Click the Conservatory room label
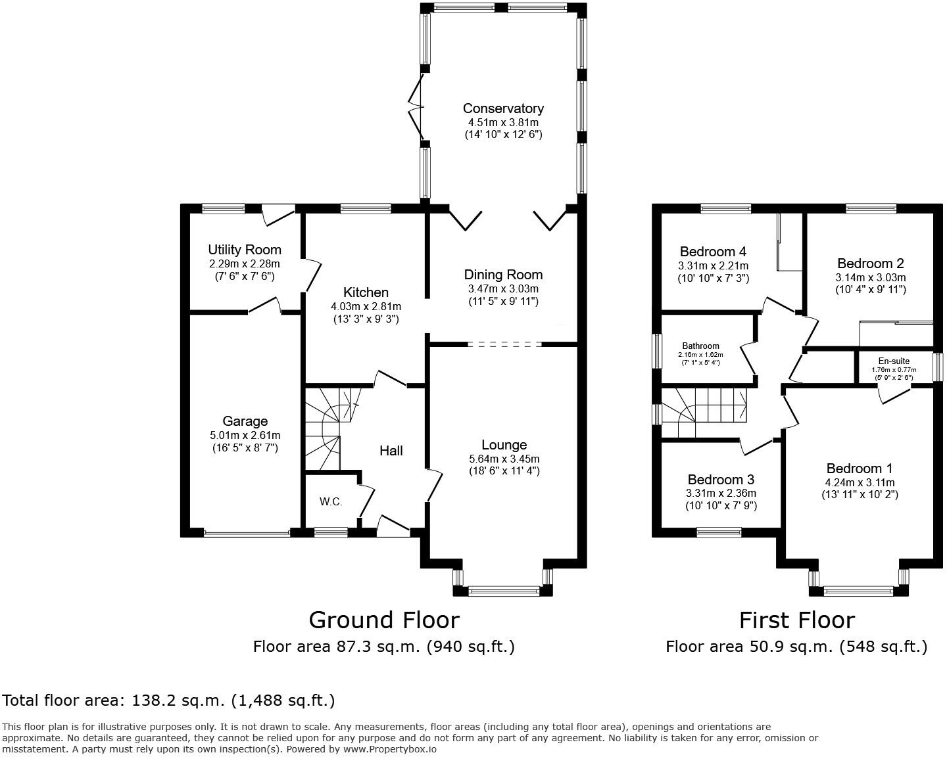point(503,108)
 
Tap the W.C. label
point(331,501)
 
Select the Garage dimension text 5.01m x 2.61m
point(245,436)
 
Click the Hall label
point(391,450)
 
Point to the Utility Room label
point(245,250)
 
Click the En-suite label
point(894,361)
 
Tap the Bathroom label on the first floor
point(700,346)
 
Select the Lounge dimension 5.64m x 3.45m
point(504,459)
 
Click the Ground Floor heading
point(384,620)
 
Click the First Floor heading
point(797,620)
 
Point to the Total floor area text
point(168,700)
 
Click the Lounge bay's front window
point(504,591)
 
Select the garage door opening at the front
point(247,534)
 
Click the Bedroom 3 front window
point(719,532)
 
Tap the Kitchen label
point(366,292)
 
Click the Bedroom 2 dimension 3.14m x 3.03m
point(871,277)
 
